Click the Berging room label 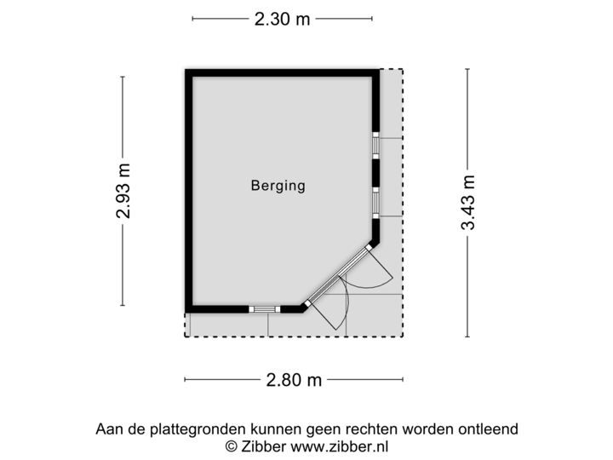click(x=278, y=185)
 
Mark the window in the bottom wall click(x=265, y=309)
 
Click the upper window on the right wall click(x=375, y=146)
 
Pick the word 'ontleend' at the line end click(x=491, y=428)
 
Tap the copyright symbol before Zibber click(x=230, y=446)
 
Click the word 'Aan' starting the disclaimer click(x=107, y=428)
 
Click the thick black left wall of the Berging click(x=185, y=191)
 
